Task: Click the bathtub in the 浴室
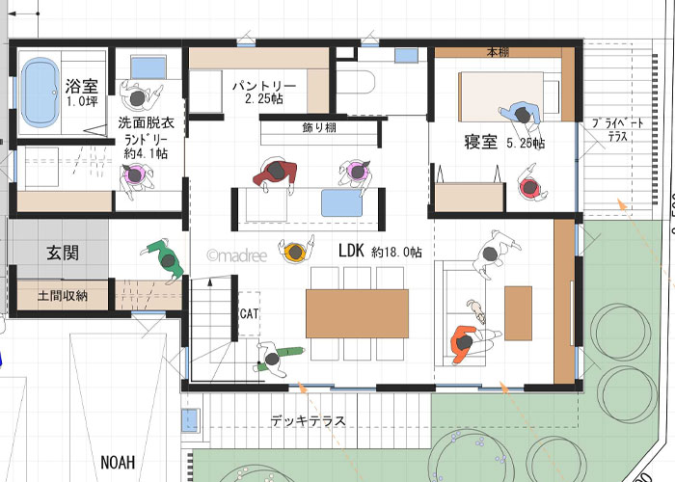40,93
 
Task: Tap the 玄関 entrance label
63,253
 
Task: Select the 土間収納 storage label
63,296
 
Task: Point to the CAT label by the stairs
249,313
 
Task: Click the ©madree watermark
237,256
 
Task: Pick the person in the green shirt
166,260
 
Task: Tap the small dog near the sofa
476,310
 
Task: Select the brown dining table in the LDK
358,313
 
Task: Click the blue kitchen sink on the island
341,203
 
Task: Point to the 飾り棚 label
319,128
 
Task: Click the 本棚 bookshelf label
499,52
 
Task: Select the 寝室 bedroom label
481,142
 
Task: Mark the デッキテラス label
309,420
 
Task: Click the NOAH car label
118,463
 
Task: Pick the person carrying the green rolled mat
275,358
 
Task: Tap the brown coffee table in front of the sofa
519,313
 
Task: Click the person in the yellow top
296,252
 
